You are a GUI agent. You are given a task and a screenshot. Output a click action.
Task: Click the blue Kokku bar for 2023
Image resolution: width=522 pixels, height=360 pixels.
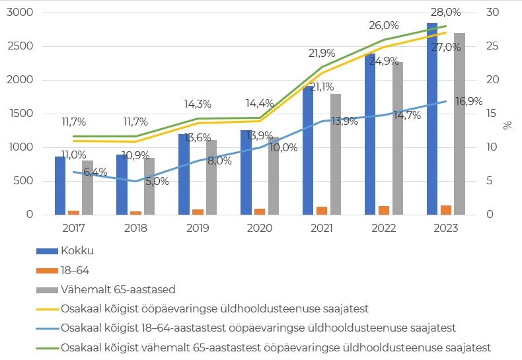432,119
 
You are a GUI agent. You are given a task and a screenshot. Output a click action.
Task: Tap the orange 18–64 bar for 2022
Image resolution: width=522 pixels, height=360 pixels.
384,210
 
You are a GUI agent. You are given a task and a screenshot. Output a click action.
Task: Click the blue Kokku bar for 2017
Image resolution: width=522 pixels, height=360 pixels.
60,186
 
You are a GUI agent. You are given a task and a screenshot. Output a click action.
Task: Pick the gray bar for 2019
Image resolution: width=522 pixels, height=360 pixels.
211,177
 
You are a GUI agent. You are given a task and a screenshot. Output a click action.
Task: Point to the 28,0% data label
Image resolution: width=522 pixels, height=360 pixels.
447,13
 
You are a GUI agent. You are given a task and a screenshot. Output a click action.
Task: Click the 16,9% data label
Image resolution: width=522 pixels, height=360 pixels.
469,102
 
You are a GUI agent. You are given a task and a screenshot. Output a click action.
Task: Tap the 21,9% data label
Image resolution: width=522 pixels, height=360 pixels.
322,54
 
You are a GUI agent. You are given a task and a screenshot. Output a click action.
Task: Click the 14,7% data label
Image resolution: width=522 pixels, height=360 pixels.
407,115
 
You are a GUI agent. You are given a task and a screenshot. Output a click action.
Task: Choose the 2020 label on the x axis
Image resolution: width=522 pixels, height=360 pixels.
259,228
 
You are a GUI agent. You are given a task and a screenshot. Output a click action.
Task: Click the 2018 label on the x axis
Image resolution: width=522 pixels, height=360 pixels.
135,228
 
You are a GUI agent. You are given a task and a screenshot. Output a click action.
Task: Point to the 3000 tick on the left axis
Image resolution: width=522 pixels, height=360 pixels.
20,13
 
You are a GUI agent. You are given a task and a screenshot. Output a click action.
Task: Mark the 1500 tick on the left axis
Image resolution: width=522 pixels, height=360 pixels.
20,114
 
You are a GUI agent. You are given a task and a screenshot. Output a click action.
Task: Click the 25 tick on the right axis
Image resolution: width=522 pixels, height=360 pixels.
492,46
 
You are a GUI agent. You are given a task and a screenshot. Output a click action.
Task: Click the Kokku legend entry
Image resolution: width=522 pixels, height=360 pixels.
77,251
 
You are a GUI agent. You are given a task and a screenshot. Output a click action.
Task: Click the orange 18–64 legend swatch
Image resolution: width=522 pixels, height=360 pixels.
46,270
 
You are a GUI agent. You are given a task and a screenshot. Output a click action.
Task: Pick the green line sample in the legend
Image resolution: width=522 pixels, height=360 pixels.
46,346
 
